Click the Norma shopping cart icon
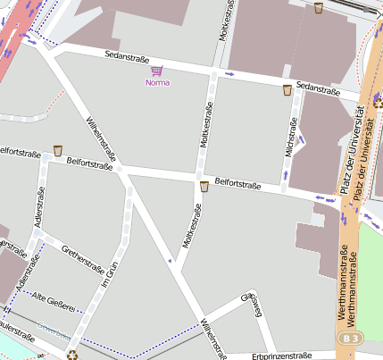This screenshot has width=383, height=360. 157,71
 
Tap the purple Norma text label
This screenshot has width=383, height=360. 157,83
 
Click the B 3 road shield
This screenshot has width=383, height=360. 351,339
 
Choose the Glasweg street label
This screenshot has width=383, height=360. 253,304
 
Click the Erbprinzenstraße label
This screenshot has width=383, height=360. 282,355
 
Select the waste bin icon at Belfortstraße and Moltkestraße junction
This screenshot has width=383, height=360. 204,187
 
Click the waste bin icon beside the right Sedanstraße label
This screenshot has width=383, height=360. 287,90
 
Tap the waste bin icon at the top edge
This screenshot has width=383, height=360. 319,8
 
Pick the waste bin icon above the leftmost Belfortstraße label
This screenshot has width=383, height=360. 58,150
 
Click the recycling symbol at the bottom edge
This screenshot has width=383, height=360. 72,355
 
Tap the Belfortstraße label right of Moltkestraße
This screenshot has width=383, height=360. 237,184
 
